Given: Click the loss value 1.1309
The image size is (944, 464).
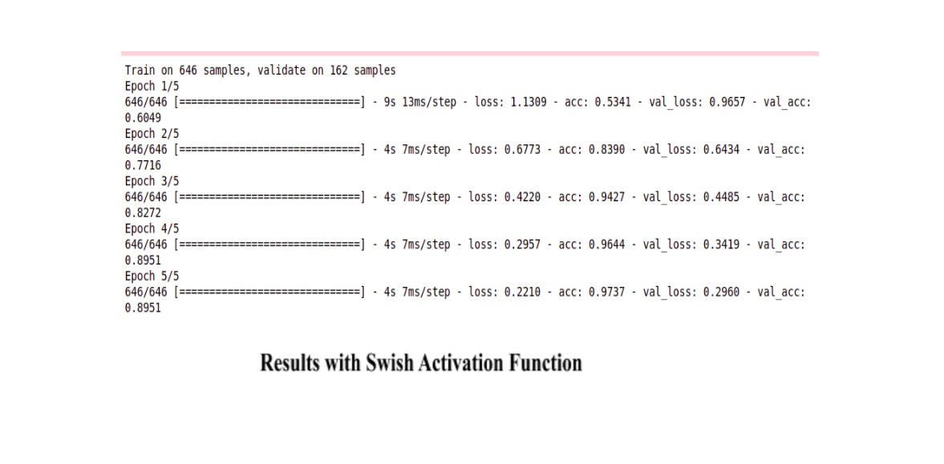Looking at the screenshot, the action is tap(529, 103).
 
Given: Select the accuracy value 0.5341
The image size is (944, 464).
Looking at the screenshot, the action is tap(613, 103).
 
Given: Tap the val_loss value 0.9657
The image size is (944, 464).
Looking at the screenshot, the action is tap(727, 103).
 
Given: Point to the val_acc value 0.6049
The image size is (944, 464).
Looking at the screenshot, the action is tap(143, 118).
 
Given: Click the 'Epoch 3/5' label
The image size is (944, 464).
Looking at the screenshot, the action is tap(152, 181).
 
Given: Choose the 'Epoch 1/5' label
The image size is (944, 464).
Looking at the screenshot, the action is tap(152, 86).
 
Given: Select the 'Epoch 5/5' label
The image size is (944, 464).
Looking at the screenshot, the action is tap(152, 276).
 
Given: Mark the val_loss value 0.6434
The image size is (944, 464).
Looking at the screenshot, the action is tap(721, 150).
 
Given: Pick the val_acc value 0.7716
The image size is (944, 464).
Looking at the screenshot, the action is tap(143, 166).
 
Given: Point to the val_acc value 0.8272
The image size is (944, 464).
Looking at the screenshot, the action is tap(143, 213).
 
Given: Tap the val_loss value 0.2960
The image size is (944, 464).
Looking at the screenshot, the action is tap(721, 293).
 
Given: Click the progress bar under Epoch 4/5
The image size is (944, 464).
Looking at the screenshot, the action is tap(269, 245).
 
